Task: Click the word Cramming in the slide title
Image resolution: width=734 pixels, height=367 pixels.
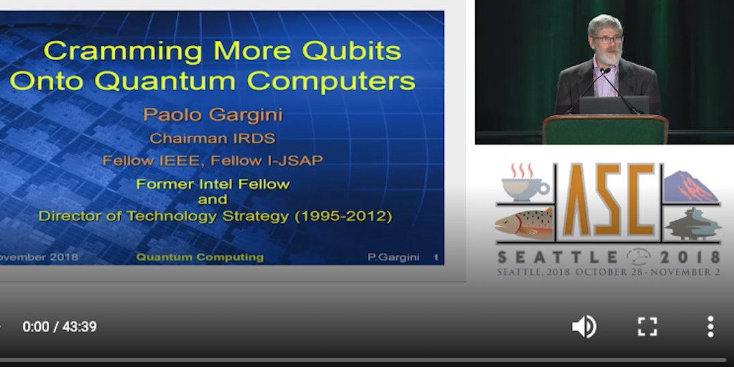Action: (x=123, y=51)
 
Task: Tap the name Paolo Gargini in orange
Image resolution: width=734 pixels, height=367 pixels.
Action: (x=213, y=115)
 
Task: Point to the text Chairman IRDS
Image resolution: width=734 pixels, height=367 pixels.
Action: (x=212, y=138)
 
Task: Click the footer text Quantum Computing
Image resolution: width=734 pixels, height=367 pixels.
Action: (x=200, y=257)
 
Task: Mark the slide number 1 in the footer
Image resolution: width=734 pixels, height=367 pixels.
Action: (x=436, y=258)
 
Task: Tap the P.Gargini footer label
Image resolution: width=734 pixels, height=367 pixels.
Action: (x=393, y=258)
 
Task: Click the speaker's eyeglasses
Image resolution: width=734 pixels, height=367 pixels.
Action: (x=607, y=40)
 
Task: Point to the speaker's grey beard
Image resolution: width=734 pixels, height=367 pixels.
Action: (x=608, y=55)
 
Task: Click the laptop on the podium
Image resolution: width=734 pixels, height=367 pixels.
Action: (x=614, y=105)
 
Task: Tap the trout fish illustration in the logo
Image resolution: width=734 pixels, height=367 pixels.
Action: (x=524, y=224)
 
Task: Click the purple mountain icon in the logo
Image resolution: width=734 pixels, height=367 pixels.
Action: (x=690, y=187)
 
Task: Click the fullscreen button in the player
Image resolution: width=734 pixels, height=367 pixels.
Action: (x=647, y=327)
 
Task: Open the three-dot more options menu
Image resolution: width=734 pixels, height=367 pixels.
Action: (x=710, y=327)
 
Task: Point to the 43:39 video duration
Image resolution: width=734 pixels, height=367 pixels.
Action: (x=79, y=327)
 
